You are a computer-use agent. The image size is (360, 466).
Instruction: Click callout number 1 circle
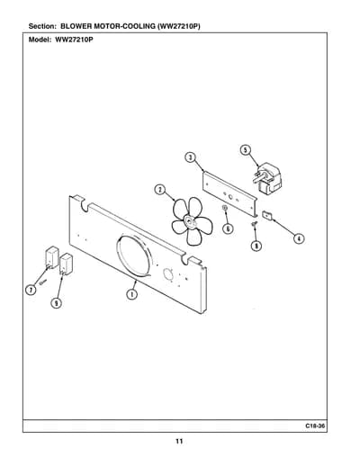pyautogui.click(x=131, y=294)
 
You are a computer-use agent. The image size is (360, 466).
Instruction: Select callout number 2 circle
pyautogui.click(x=160, y=190)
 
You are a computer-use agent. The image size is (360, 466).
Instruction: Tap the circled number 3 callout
pyautogui.click(x=190, y=157)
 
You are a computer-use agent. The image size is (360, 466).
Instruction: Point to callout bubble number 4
pyautogui.click(x=299, y=238)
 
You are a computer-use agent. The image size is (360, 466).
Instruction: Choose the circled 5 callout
pyautogui.click(x=246, y=149)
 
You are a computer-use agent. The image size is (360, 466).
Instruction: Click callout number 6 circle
pyautogui.click(x=228, y=229)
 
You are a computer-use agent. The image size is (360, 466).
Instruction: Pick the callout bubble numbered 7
pyautogui.click(x=31, y=290)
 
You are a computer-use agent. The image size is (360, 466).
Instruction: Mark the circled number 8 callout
pyautogui.click(x=256, y=246)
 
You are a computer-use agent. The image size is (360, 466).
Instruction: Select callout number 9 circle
pyautogui.click(x=56, y=303)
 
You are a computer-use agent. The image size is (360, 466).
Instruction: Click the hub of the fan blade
pyautogui.click(x=190, y=222)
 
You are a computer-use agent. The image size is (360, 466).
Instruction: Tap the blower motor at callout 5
pyautogui.click(x=266, y=179)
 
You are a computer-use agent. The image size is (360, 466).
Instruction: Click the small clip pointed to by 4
pyautogui.click(x=267, y=215)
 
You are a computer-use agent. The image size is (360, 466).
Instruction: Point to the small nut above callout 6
pyautogui.click(x=224, y=208)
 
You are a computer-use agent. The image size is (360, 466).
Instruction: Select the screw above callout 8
pyautogui.click(x=255, y=223)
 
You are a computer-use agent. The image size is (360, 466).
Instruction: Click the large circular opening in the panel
pyautogui.click(x=134, y=255)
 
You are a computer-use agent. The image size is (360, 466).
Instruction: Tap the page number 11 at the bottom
pyautogui.click(x=179, y=442)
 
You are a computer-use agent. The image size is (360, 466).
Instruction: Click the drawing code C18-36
pyautogui.click(x=315, y=426)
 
